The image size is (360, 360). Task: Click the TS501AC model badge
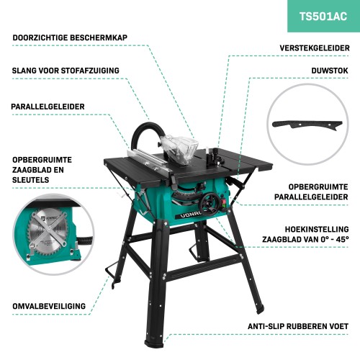click(323, 17)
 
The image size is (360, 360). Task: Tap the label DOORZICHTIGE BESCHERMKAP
click(70, 37)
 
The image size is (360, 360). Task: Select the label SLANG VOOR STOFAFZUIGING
click(66, 71)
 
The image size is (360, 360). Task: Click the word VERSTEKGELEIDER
click(315, 48)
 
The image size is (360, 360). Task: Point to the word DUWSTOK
click(330, 71)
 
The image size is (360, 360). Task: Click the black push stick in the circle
click(307, 125)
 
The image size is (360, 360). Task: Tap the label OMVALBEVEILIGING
click(49, 306)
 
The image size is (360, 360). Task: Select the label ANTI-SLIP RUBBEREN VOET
click(298, 326)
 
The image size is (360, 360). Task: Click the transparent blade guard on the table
click(181, 150)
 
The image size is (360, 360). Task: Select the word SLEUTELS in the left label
click(31, 180)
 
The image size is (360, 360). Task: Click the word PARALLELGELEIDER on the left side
click(48, 107)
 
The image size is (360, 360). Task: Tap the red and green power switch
click(223, 204)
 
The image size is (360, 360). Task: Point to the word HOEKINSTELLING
click(317, 229)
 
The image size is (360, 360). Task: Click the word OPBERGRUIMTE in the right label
click(318, 187)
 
